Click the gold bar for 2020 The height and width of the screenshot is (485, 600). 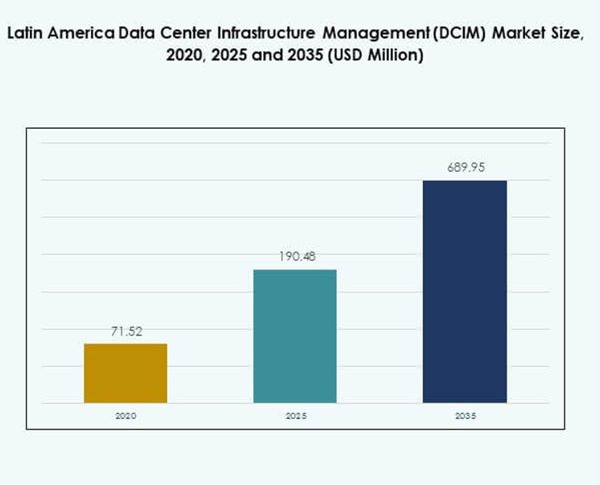coord(126,373)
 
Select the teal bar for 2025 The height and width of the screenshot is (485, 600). coord(295,336)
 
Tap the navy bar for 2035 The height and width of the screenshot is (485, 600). coord(465,291)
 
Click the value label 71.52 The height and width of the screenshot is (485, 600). coord(126,331)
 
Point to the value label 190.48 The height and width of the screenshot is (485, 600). coord(295,257)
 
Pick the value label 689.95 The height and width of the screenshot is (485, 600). coord(466,168)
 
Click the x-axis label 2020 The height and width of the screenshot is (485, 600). coord(126,416)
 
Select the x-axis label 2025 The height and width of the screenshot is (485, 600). coord(295,416)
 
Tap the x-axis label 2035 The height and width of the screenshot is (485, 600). coord(465,416)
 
